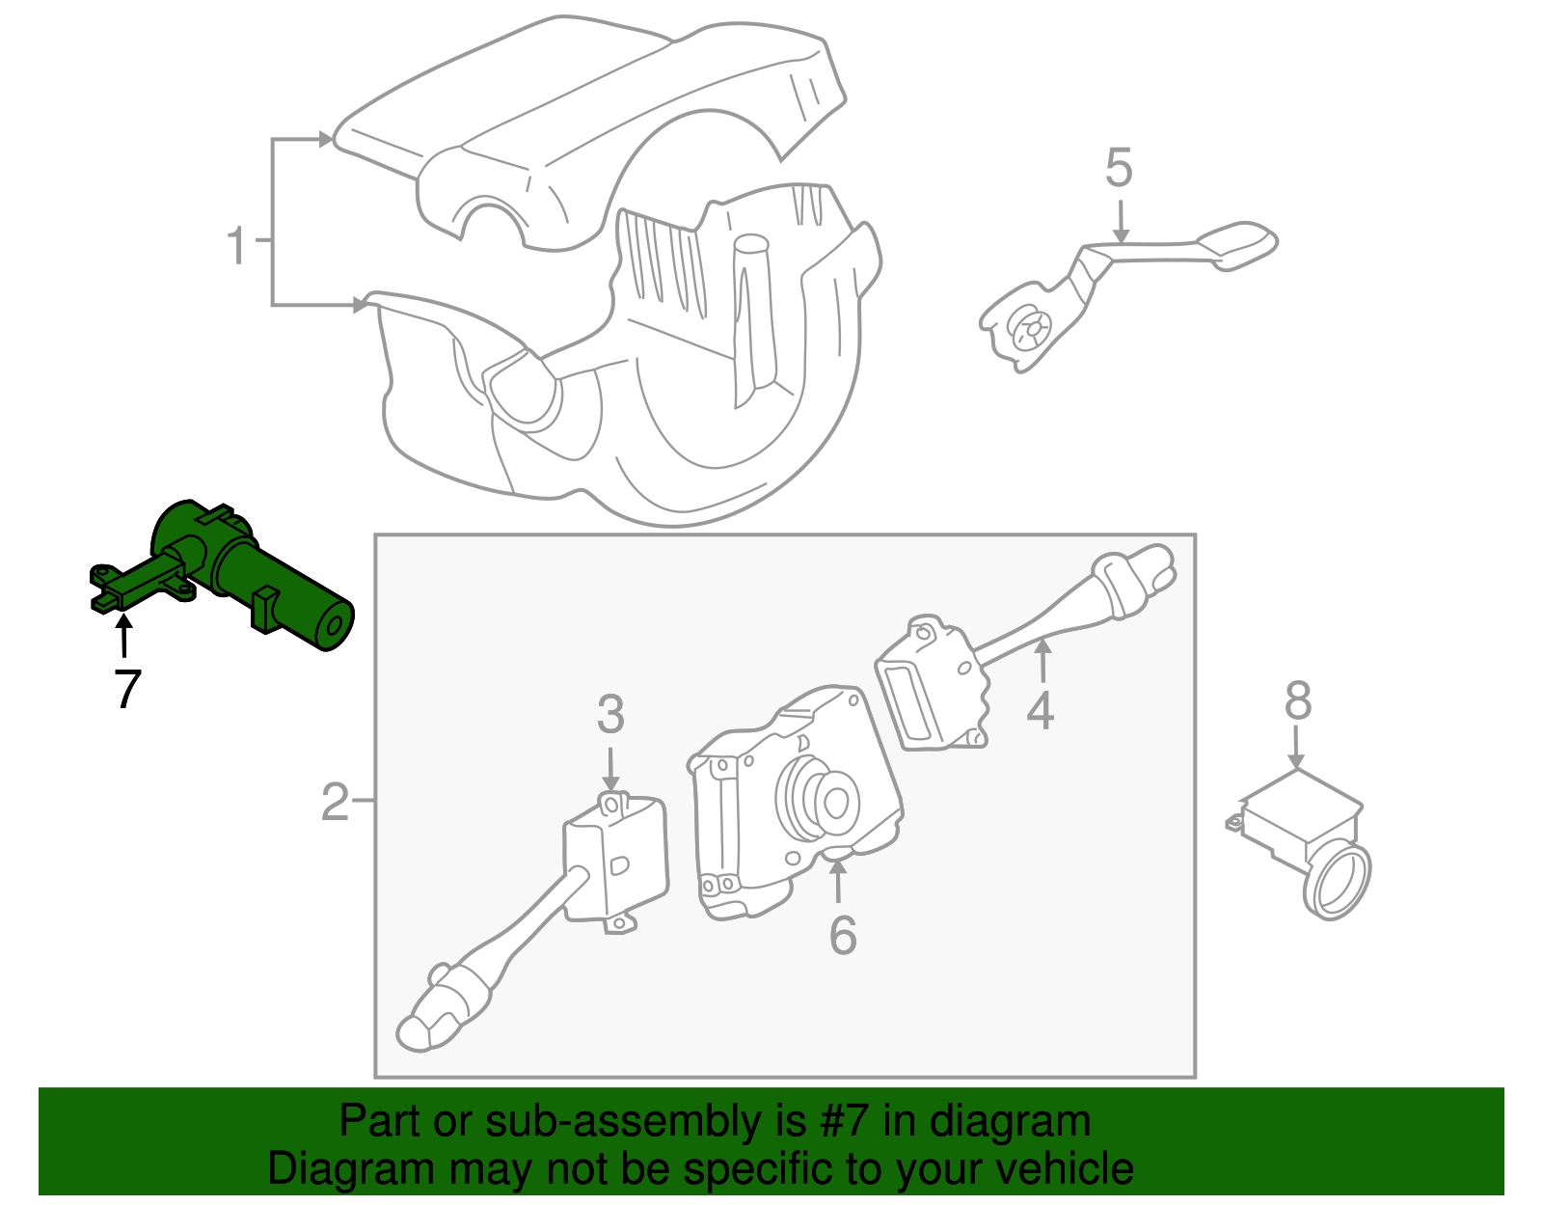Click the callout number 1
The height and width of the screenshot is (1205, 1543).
click(236, 247)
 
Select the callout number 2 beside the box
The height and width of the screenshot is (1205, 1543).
click(335, 802)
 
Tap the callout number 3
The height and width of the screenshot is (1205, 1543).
click(610, 715)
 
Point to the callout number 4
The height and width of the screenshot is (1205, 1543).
click(1040, 711)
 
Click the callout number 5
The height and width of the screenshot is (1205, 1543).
click(1118, 169)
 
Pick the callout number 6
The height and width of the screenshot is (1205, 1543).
click(843, 935)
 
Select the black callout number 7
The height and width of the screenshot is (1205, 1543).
click(126, 689)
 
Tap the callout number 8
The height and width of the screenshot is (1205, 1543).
click(1298, 701)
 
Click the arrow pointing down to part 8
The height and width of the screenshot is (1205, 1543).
click(1297, 748)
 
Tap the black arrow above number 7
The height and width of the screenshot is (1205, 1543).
click(123, 637)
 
